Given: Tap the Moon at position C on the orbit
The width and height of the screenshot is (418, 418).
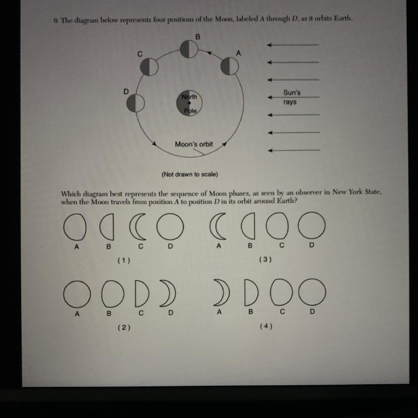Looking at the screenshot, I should [x=149, y=67].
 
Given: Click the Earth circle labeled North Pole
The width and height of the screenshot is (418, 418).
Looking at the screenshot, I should [x=189, y=103].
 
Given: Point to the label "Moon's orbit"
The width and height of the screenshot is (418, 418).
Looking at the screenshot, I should [x=194, y=144].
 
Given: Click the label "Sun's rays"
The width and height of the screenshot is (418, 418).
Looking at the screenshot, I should [x=291, y=97].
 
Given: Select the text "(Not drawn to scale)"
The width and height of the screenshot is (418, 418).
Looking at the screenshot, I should [x=189, y=175].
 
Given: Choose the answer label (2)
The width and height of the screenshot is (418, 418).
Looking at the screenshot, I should [x=124, y=327].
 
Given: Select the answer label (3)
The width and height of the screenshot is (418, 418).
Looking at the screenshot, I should [x=266, y=260].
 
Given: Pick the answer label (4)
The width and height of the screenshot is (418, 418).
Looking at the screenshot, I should [x=266, y=326].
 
